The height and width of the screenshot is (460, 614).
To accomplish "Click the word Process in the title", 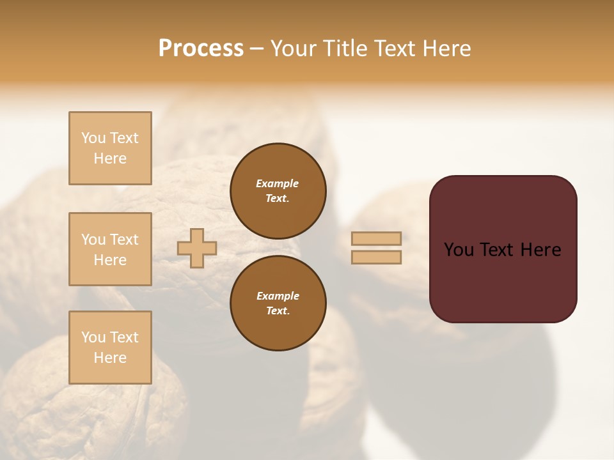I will tap(201, 49).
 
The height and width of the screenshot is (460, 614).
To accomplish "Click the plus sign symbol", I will tap(197, 248).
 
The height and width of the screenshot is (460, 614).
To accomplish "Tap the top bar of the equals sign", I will tap(377, 239).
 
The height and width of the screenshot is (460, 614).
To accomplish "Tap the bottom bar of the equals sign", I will tap(377, 257).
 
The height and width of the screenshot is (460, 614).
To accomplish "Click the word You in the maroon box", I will tap(459, 250).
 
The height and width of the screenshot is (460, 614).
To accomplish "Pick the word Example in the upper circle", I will tap(277, 183).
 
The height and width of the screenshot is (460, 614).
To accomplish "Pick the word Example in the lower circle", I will tap(278, 296).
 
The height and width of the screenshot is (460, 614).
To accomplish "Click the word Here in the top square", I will tap(110, 158).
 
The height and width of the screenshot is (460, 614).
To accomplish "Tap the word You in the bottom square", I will tap(93, 337).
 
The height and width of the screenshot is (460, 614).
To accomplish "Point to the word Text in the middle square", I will tap(123, 240).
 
